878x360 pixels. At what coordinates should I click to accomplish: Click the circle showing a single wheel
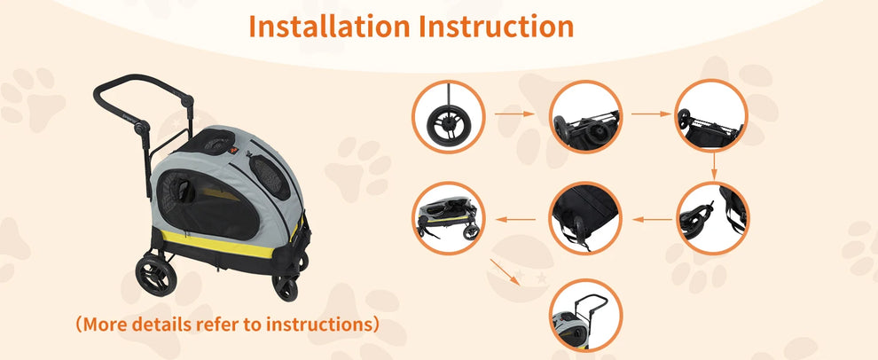coord(447,116)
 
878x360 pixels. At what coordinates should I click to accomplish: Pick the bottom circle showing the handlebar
coord(585,315)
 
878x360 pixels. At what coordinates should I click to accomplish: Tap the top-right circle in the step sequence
coord(711,115)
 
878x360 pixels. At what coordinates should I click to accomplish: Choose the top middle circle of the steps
coord(585,116)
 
